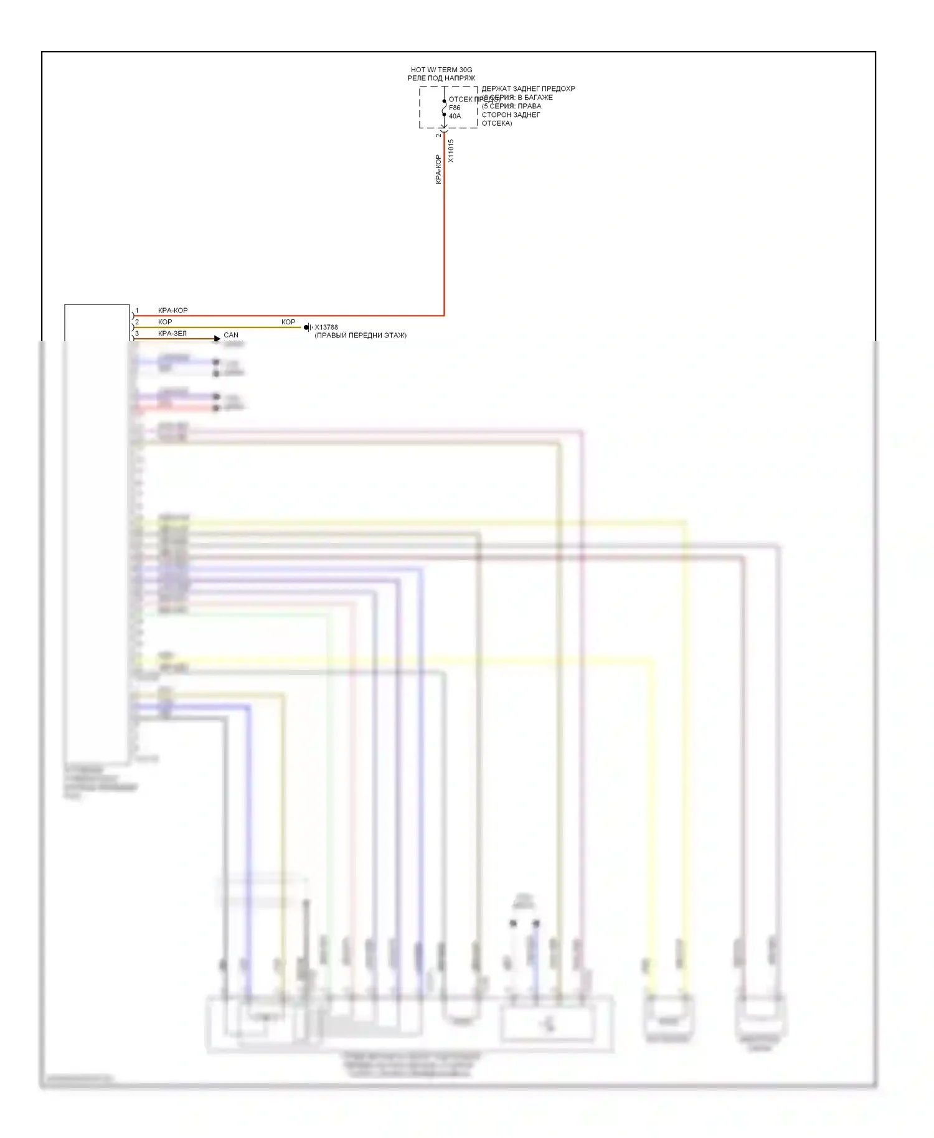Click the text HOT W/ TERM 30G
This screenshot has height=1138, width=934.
(x=441, y=70)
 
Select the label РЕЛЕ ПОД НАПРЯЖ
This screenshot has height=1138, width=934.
(x=441, y=78)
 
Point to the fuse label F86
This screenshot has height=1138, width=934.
(x=455, y=108)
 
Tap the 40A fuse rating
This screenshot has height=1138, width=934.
(x=455, y=116)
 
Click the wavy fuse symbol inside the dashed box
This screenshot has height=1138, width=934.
(x=444, y=108)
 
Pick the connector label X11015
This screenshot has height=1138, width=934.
(x=451, y=151)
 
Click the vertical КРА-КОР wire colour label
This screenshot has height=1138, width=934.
(x=438, y=169)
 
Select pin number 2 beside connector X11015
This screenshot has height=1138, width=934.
(x=438, y=134)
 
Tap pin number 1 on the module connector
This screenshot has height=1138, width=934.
(x=137, y=311)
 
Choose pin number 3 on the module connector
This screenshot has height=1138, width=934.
(x=137, y=334)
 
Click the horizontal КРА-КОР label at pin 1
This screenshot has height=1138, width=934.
(x=172, y=311)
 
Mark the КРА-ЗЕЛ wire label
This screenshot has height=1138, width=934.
(x=172, y=334)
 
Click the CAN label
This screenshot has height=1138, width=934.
(x=231, y=335)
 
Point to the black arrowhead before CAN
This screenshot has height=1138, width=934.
(x=217, y=339)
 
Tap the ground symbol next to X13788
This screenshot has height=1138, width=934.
(x=307, y=327)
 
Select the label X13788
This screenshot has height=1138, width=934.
(x=326, y=327)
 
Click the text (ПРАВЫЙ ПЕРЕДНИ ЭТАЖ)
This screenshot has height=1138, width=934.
(x=361, y=336)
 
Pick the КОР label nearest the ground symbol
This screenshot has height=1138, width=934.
(x=288, y=322)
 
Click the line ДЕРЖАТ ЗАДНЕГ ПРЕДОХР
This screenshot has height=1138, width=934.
(x=528, y=89)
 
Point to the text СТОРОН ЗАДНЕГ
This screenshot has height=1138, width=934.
(x=511, y=115)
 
